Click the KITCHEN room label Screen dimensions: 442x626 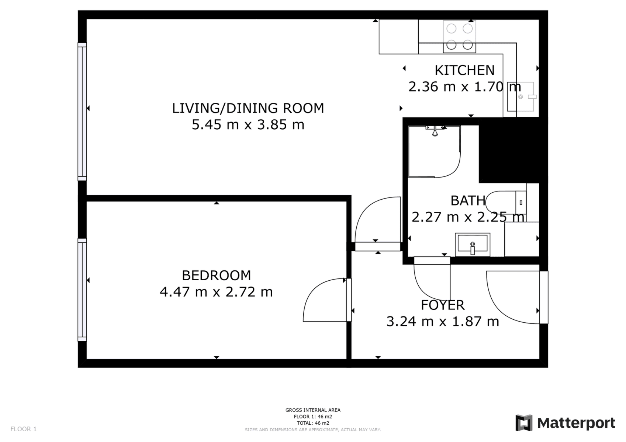click(x=464, y=70)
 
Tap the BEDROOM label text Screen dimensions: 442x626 click(x=216, y=275)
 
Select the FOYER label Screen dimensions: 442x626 click(x=443, y=305)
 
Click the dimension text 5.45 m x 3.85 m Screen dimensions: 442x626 click(x=248, y=125)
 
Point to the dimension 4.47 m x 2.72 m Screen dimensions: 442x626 click(x=216, y=292)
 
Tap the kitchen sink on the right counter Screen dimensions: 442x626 click(x=520, y=97)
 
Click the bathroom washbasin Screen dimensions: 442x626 click(x=473, y=244)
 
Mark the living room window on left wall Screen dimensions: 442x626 click(x=82, y=112)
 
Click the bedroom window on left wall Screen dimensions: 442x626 click(x=82, y=290)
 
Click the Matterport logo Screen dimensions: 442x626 click(x=565, y=423)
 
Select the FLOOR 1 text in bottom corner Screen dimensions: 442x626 click(x=24, y=429)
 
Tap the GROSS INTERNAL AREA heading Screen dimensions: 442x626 click(x=313, y=410)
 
